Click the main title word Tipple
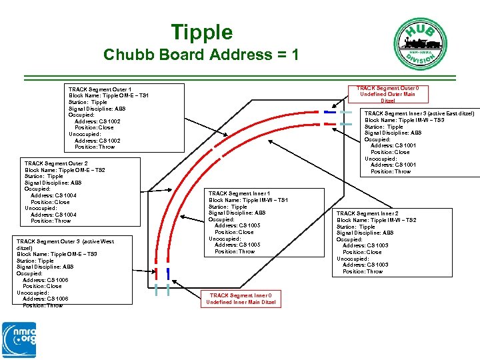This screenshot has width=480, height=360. [201, 32]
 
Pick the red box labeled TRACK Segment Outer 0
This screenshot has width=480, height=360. [387, 94]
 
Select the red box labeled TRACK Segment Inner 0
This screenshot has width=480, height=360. [241, 299]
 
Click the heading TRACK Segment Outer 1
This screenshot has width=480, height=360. [99, 89]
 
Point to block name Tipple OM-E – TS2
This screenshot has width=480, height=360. [65, 170]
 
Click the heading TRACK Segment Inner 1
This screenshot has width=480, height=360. [239, 194]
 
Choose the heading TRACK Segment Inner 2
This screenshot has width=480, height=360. [367, 214]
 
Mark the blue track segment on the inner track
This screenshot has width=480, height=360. [168, 273]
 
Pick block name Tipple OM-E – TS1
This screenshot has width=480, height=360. [109, 96]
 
